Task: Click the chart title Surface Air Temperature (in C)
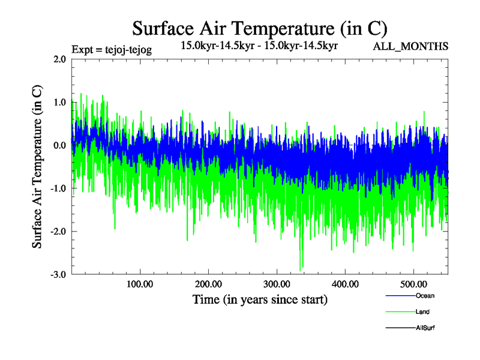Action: [259, 28]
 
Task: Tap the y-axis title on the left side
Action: [37, 167]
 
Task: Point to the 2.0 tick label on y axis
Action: [59, 59]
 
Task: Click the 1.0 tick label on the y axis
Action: [59, 103]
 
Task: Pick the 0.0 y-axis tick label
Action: [59, 146]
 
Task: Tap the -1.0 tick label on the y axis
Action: [58, 189]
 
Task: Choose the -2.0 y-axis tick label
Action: [58, 232]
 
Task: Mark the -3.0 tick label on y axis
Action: [58, 275]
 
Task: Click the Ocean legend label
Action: [425, 296]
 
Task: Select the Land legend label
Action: [422, 312]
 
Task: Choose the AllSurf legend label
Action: [425, 328]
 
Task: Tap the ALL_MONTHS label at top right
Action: [411, 46]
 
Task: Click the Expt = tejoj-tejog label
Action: [111, 50]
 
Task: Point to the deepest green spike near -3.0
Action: [301, 269]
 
